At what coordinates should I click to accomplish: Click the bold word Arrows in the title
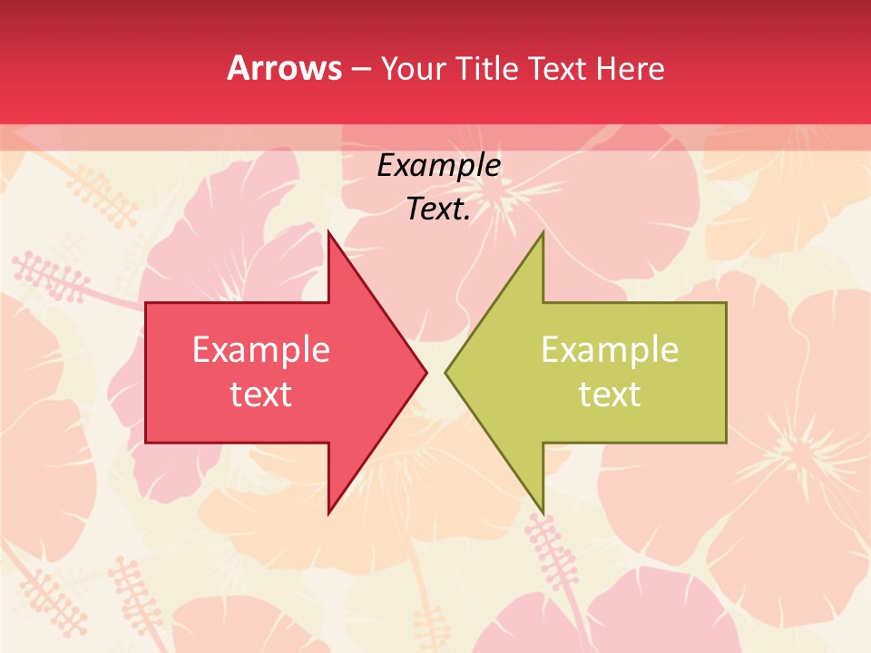coord(284,68)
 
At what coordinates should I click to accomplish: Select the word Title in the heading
coord(487,68)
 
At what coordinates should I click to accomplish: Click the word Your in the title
coord(414,68)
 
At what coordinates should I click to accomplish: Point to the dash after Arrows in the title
coord(359,69)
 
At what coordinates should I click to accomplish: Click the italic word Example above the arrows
coord(438,165)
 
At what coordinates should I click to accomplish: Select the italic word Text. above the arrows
coord(438,210)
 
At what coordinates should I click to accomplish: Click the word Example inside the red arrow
coord(261,349)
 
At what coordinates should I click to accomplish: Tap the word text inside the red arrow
coord(261,394)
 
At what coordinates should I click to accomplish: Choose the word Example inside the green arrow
coord(610,349)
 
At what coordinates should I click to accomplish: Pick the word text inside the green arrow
coord(610,394)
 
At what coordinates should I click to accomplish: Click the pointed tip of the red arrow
coord(426,372)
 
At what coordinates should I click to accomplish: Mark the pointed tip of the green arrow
coord(445,372)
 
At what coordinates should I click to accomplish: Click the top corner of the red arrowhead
coord(328,231)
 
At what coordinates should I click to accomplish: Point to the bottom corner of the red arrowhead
coord(328,513)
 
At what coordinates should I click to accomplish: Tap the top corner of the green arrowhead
coord(543,231)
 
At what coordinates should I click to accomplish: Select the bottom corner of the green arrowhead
coord(543,513)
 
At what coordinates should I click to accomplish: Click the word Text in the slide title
coord(556,68)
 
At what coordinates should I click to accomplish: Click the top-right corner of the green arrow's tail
coord(726,303)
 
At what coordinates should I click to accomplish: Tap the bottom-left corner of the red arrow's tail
coord(146,443)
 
